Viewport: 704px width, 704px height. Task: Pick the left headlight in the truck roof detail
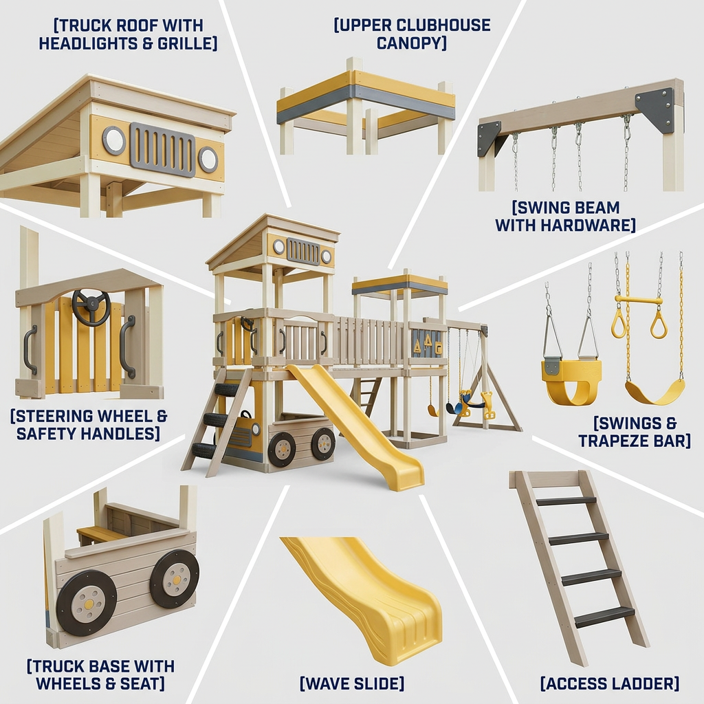[x=114, y=140]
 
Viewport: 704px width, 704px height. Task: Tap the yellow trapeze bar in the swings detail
[x=639, y=300]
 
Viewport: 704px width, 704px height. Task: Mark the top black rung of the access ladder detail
[x=566, y=501]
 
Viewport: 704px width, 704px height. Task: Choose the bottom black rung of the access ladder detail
[x=604, y=617]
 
